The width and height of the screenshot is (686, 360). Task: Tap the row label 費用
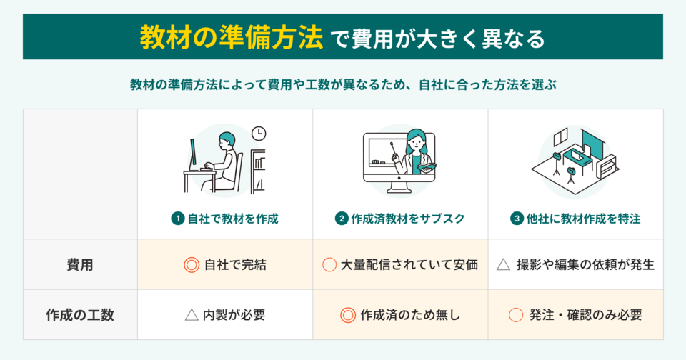pyautogui.click(x=80, y=264)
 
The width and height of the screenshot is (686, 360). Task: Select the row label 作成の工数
pyautogui.click(x=80, y=314)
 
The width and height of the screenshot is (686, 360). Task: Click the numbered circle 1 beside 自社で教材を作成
pyautogui.click(x=177, y=219)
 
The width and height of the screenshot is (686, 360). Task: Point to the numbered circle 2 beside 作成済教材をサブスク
pyautogui.click(x=342, y=219)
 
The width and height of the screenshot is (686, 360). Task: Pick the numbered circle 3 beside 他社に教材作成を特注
pyautogui.click(x=517, y=219)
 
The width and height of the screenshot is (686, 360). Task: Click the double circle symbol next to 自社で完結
pyautogui.click(x=191, y=264)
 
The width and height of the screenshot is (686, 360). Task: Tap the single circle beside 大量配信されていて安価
pyautogui.click(x=329, y=264)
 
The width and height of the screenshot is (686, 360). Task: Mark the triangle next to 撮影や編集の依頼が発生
pyautogui.click(x=503, y=264)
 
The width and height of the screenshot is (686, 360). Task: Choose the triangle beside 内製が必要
pyautogui.click(x=191, y=314)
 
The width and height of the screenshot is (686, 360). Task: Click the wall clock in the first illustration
pyautogui.click(x=259, y=134)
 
